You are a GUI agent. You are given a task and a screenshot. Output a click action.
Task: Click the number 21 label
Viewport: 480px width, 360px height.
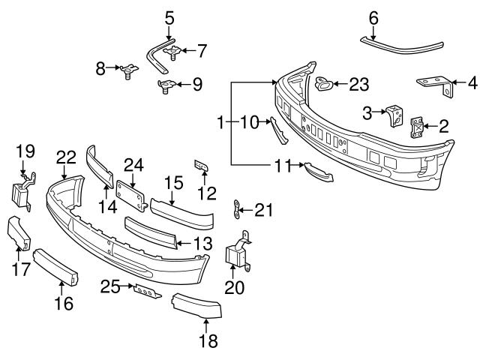[x=264, y=211]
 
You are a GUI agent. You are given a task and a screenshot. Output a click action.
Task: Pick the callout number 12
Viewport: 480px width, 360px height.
[x=206, y=193]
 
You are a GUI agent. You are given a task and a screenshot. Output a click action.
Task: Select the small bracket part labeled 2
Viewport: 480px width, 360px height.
[x=416, y=127]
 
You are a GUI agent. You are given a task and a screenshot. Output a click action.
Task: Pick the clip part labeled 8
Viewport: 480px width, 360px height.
[x=127, y=71]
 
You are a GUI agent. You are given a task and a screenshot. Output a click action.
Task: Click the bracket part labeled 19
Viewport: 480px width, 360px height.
[x=21, y=193]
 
